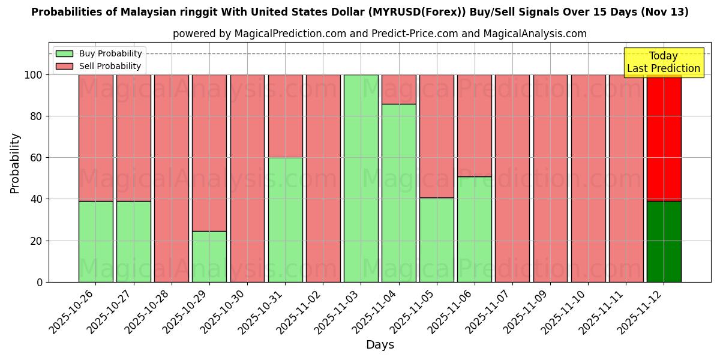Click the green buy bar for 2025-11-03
361,178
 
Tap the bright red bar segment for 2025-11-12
664,138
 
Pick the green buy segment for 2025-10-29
209,256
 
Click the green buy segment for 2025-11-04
399,193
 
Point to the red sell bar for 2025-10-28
172,178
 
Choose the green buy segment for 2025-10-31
285,220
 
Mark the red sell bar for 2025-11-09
550,178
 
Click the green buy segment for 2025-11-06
475,229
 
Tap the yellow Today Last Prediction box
664,62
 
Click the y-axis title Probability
15,163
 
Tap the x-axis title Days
380,345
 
